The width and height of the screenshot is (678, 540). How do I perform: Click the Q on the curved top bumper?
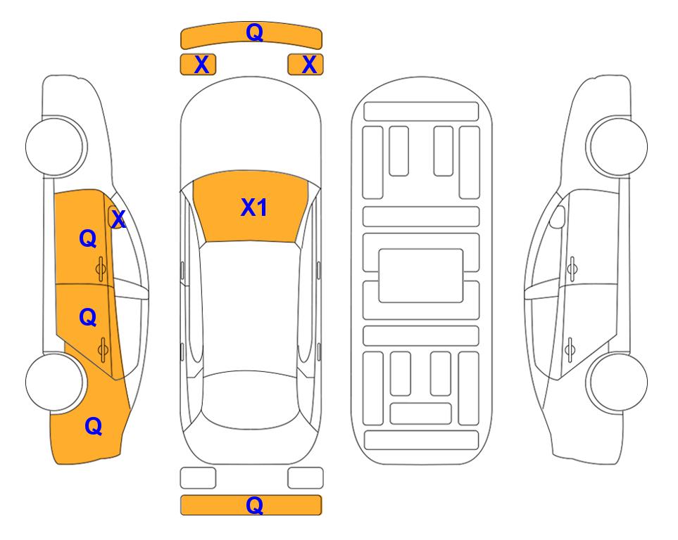click(x=254, y=32)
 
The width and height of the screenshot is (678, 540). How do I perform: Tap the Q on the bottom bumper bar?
click(x=254, y=505)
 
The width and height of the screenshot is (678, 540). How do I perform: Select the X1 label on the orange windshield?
click(x=254, y=207)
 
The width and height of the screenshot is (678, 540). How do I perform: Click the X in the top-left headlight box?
click(x=201, y=65)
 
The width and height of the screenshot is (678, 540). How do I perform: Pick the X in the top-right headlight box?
click(x=309, y=65)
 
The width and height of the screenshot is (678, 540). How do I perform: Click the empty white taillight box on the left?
click(x=198, y=478)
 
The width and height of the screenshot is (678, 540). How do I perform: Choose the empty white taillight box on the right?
click(x=306, y=478)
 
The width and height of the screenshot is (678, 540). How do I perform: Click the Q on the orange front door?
click(x=88, y=238)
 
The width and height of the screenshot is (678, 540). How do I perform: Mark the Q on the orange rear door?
click(x=88, y=318)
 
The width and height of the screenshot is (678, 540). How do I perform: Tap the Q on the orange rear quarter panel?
click(x=94, y=426)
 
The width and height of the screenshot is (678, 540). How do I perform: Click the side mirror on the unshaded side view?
click(x=558, y=217)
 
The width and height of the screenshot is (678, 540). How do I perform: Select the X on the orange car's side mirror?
click(x=118, y=219)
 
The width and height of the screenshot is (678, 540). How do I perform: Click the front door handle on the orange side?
click(x=101, y=269)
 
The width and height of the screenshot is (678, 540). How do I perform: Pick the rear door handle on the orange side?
click(x=103, y=350)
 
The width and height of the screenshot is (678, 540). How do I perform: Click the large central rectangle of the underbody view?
click(x=421, y=276)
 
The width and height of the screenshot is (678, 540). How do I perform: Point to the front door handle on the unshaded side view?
click(x=572, y=269)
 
